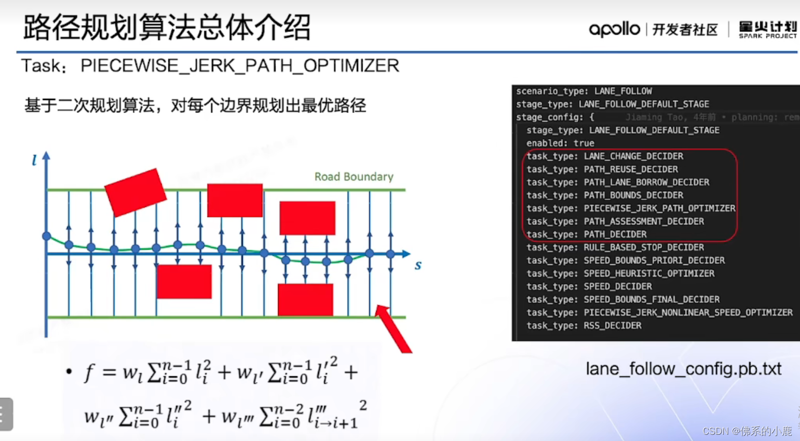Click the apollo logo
point(614,29)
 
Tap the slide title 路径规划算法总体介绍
point(167,27)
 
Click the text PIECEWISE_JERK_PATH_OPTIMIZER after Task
point(240,66)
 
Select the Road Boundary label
point(354,177)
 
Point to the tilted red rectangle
point(135,192)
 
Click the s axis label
point(418,265)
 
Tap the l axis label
point(34,160)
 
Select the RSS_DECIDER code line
point(584,326)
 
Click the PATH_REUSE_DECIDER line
point(602,169)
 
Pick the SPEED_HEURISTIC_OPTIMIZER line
point(620,274)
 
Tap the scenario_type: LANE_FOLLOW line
point(584,91)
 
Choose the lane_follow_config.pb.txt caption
point(683,369)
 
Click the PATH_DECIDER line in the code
point(587,235)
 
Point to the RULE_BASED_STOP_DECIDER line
point(615,248)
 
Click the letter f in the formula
point(89,373)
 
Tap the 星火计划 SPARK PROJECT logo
point(767,30)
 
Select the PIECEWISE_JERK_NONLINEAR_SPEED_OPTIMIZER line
point(659,313)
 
